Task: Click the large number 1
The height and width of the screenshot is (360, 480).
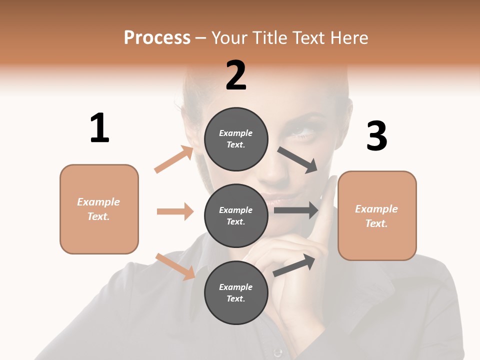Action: (99, 128)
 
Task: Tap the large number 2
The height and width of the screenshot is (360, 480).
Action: (236, 75)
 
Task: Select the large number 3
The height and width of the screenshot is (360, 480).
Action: (376, 136)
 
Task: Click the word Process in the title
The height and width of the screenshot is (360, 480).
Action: (157, 37)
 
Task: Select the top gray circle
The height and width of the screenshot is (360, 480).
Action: (236, 139)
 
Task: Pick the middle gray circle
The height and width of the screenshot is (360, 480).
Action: (236, 215)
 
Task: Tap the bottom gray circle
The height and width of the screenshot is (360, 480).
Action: (236, 292)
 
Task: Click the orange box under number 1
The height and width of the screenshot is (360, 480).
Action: (99, 209)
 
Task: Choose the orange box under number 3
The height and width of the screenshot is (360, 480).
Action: (377, 215)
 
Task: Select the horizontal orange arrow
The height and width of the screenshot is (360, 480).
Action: (175, 211)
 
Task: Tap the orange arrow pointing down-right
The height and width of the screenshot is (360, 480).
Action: (175, 266)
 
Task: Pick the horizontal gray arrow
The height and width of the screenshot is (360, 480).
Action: (296, 210)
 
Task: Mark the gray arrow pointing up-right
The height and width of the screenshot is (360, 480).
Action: (294, 265)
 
